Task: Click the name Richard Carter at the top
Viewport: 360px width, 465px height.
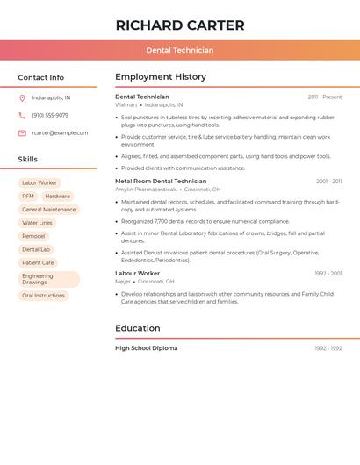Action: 180,25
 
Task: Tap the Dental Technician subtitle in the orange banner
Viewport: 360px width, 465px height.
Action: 180,50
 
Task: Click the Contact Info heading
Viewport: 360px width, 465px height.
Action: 41,77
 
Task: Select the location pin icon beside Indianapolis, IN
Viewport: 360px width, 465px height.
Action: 22,97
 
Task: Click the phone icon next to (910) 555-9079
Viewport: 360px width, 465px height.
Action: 22,115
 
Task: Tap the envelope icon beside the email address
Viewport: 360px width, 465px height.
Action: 22,133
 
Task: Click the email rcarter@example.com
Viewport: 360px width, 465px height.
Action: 60,133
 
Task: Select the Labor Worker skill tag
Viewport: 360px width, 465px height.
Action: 40,183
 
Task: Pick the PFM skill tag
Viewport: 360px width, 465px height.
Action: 28,197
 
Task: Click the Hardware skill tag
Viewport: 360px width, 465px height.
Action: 57,197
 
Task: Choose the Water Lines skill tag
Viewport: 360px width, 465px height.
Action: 37,223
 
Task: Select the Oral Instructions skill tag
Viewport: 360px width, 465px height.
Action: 44,296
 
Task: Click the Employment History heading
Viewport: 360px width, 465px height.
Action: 161,77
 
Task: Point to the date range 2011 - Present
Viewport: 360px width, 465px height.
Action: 325,97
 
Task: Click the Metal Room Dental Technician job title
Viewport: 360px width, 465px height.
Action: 161,181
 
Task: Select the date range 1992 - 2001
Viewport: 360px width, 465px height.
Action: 328,273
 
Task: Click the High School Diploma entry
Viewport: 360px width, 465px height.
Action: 147,348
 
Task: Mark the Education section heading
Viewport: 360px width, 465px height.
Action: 138,328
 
